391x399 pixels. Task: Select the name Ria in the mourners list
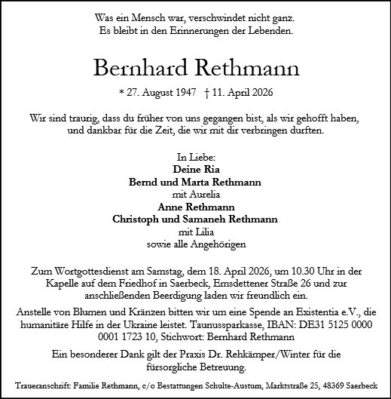(x=209, y=170)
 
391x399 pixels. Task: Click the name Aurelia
(x=203, y=195)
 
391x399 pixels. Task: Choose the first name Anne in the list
(x=170, y=207)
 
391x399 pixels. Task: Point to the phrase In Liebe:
(x=195, y=158)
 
